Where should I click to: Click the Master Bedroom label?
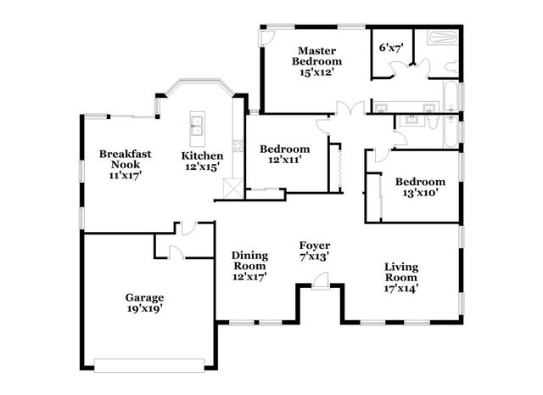pos(316,61)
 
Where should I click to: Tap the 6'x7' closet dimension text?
pos(392,48)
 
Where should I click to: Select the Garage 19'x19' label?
pos(145,302)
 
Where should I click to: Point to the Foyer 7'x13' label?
pos(315,251)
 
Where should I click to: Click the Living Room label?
pos(401,278)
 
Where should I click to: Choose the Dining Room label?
pos(249,266)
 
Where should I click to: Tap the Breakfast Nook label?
pos(125,165)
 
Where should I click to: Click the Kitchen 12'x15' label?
pos(202,161)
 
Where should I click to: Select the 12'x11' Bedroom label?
pos(285,155)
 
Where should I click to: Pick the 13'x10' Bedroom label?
pos(420,187)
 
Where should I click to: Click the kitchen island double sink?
pos(197,127)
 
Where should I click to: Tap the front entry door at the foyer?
pos(322,280)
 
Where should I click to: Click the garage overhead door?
pos(149,365)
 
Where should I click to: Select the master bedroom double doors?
pos(350,108)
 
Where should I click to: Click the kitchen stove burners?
pos(238,145)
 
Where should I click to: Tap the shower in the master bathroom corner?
pos(443,37)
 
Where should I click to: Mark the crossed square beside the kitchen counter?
pos(233,189)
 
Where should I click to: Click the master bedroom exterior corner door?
pos(266,37)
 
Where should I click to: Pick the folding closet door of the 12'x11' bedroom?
pos(340,168)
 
